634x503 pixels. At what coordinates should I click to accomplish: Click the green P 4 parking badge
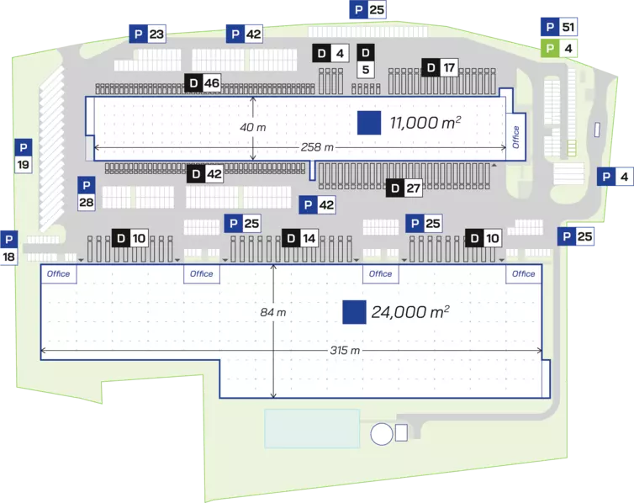point(559,49)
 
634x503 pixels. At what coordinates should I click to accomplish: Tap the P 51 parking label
point(559,27)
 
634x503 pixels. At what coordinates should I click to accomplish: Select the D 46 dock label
point(203,83)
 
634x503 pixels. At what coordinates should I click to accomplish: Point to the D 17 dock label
point(440,67)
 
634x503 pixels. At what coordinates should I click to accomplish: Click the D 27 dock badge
point(404,188)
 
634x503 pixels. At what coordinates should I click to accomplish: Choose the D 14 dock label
point(300,238)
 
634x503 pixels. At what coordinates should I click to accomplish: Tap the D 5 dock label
point(366,61)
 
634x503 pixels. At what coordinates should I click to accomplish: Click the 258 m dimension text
point(317,147)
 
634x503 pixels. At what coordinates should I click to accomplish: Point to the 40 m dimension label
point(253,128)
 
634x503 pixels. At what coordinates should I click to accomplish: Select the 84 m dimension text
point(273,313)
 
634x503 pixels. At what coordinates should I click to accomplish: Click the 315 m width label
point(345,350)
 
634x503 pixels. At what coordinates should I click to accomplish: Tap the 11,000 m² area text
point(425,123)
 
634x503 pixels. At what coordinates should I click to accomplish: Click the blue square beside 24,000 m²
point(354,312)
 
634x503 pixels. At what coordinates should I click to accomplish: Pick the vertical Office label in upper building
point(515,136)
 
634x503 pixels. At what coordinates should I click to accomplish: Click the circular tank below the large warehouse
point(382,434)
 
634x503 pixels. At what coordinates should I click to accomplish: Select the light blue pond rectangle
point(312,429)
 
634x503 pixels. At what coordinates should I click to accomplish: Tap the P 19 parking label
point(24,156)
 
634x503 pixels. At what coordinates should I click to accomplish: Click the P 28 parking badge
point(86,193)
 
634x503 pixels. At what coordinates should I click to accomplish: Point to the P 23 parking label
point(147,34)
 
